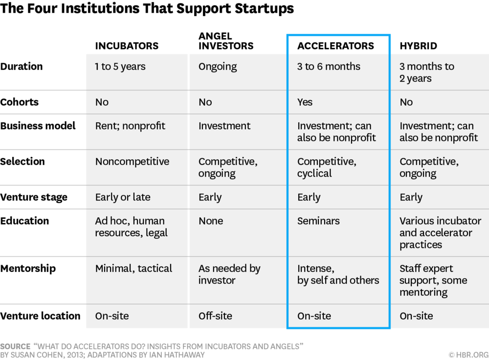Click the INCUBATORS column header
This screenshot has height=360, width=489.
point(127,46)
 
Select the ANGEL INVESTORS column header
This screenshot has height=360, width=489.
point(226,41)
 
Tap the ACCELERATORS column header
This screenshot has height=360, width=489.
point(335,46)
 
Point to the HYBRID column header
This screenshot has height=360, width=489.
point(418,46)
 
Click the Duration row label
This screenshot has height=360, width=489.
point(22,67)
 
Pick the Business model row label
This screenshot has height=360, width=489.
point(38,126)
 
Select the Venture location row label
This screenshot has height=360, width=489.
point(40,316)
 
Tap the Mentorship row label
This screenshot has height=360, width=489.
point(28,269)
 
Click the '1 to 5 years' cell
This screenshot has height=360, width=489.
point(120,67)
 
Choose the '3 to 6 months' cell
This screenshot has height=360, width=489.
point(329,67)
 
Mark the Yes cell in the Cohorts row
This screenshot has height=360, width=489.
point(305,102)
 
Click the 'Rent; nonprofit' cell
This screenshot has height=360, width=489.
point(130,126)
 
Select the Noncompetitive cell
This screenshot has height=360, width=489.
point(132,161)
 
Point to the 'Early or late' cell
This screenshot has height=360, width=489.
point(123,197)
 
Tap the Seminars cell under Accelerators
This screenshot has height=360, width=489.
point(318,221)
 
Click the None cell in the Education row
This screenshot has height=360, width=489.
point(211,221)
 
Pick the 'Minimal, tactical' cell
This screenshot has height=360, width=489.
point(133,269)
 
